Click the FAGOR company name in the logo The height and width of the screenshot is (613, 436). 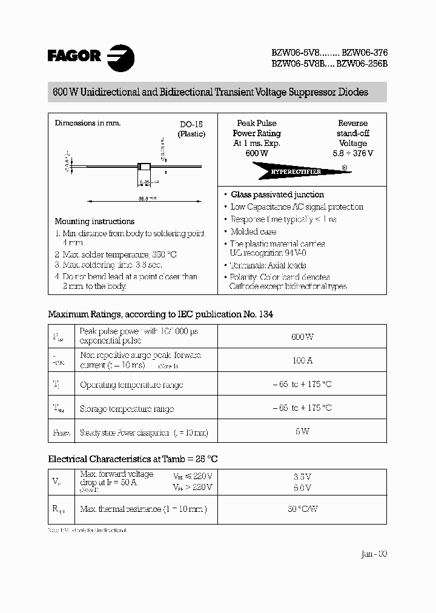tap(74, 56)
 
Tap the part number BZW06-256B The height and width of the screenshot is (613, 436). tap(362, 62)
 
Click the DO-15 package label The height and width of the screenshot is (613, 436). tap(191, 124)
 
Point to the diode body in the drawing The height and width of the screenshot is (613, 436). tap(144, 166)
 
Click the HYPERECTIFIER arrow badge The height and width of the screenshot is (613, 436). tap(296, 171)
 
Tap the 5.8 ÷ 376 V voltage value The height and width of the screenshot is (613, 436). tap(352, 153)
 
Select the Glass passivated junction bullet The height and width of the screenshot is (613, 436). tap(277, 194)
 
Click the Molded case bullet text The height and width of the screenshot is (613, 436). tap(253, 231)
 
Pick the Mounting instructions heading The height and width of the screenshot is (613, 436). tap(94, 221)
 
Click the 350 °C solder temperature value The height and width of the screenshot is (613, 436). tap(163, 254)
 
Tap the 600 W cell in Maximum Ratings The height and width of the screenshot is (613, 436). tap(302, 336)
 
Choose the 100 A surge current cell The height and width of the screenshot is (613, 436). tap(302, 360)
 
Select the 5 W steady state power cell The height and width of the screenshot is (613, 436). tap(302, 431)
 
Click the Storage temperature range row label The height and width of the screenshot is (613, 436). tap(127, 409)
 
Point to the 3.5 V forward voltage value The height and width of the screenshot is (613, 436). tap(302, 477)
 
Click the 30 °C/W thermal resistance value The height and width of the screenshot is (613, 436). tap(302, 509)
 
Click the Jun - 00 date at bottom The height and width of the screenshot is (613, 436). tap(374, 554)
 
